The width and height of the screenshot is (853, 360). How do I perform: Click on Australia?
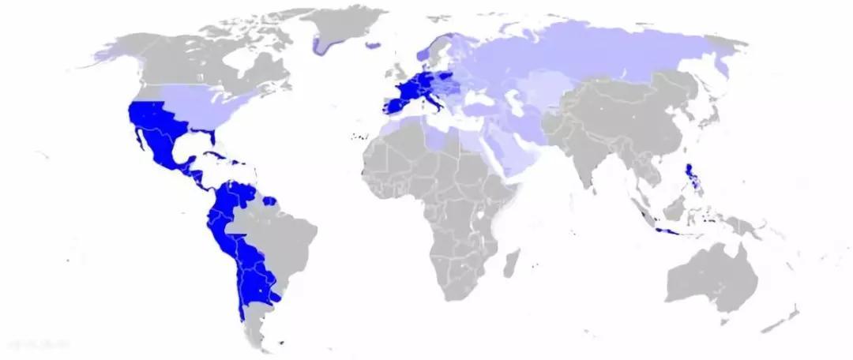point(711,276)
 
